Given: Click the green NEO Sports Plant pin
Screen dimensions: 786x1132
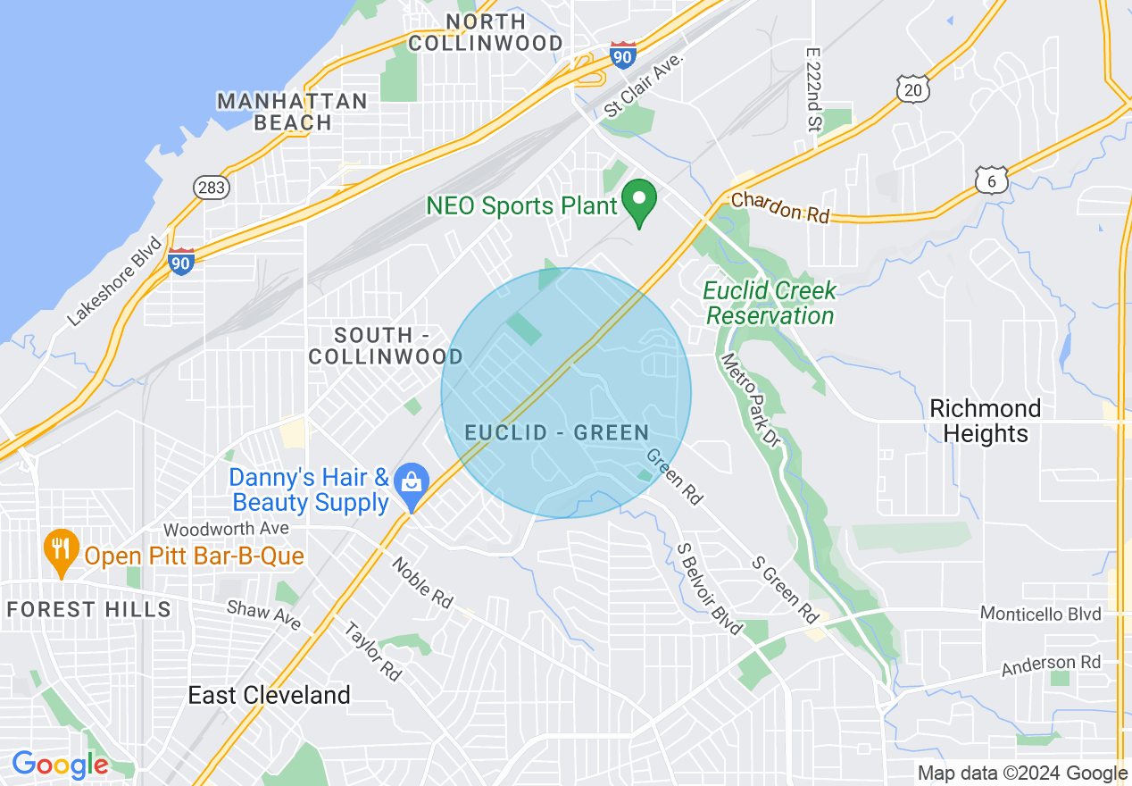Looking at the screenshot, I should pos(639,202).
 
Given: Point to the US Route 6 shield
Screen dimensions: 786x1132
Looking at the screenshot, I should pos(992,180).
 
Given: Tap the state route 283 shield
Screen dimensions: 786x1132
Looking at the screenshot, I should pos(212,188).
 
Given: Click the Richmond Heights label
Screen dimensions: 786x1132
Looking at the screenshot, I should pos(985,422).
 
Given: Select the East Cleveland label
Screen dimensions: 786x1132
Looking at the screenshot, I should pos(269,696).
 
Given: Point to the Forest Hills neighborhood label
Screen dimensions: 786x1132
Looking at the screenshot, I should pos(88,610).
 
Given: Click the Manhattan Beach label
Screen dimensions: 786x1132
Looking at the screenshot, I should pos(292,112).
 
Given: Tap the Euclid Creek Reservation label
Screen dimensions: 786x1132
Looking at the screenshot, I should pos(770,303).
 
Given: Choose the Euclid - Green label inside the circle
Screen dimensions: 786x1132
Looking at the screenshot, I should pos(557,433).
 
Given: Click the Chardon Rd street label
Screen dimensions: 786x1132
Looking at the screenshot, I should pos(780,208).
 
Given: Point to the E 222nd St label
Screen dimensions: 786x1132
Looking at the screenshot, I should pos(812,89).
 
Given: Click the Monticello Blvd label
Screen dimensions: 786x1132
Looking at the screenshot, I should pos(1040,614).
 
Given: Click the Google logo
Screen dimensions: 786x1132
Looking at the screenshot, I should pos(60,765).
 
